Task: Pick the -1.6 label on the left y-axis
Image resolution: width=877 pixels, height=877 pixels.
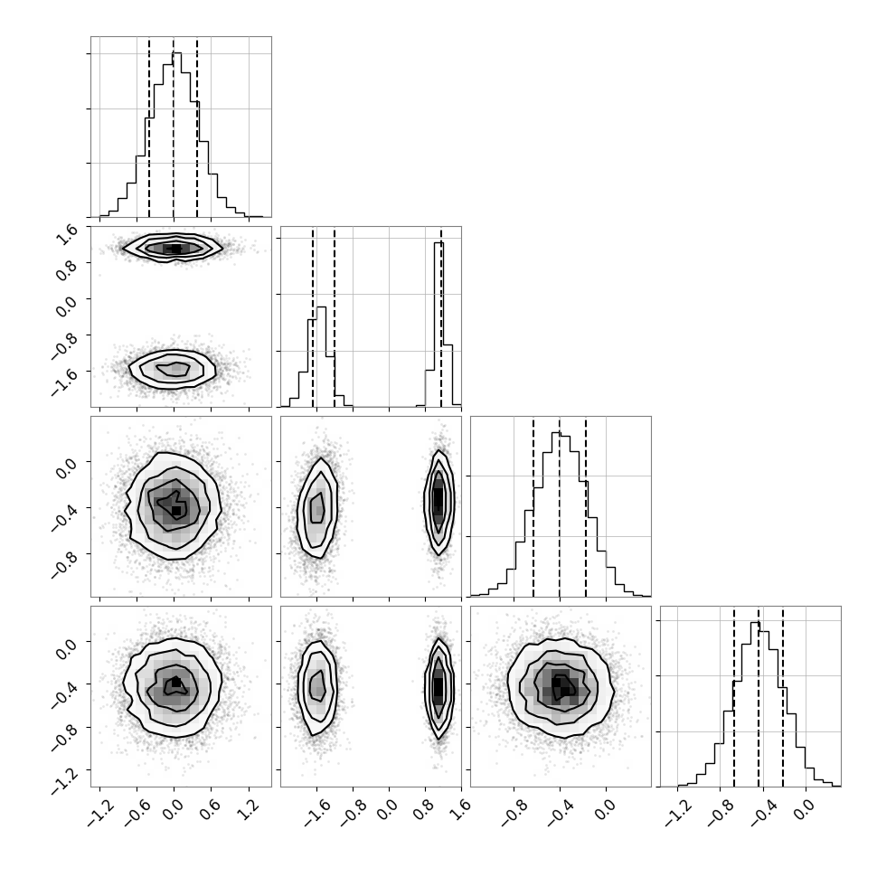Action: [63, 380]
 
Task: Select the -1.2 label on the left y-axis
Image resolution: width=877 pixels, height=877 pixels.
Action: [63, 779]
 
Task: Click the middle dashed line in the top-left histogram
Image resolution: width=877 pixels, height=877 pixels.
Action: [174, 128]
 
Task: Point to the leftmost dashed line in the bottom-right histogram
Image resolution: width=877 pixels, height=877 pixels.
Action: [734, 697]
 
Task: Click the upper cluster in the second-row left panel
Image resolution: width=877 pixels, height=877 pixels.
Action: [173, 248]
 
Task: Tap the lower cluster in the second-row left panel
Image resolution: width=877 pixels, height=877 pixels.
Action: [173, 369]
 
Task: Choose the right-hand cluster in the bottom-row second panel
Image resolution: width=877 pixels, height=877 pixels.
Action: [438, 688]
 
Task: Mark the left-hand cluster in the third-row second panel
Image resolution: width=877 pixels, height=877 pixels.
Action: [317, 508]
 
